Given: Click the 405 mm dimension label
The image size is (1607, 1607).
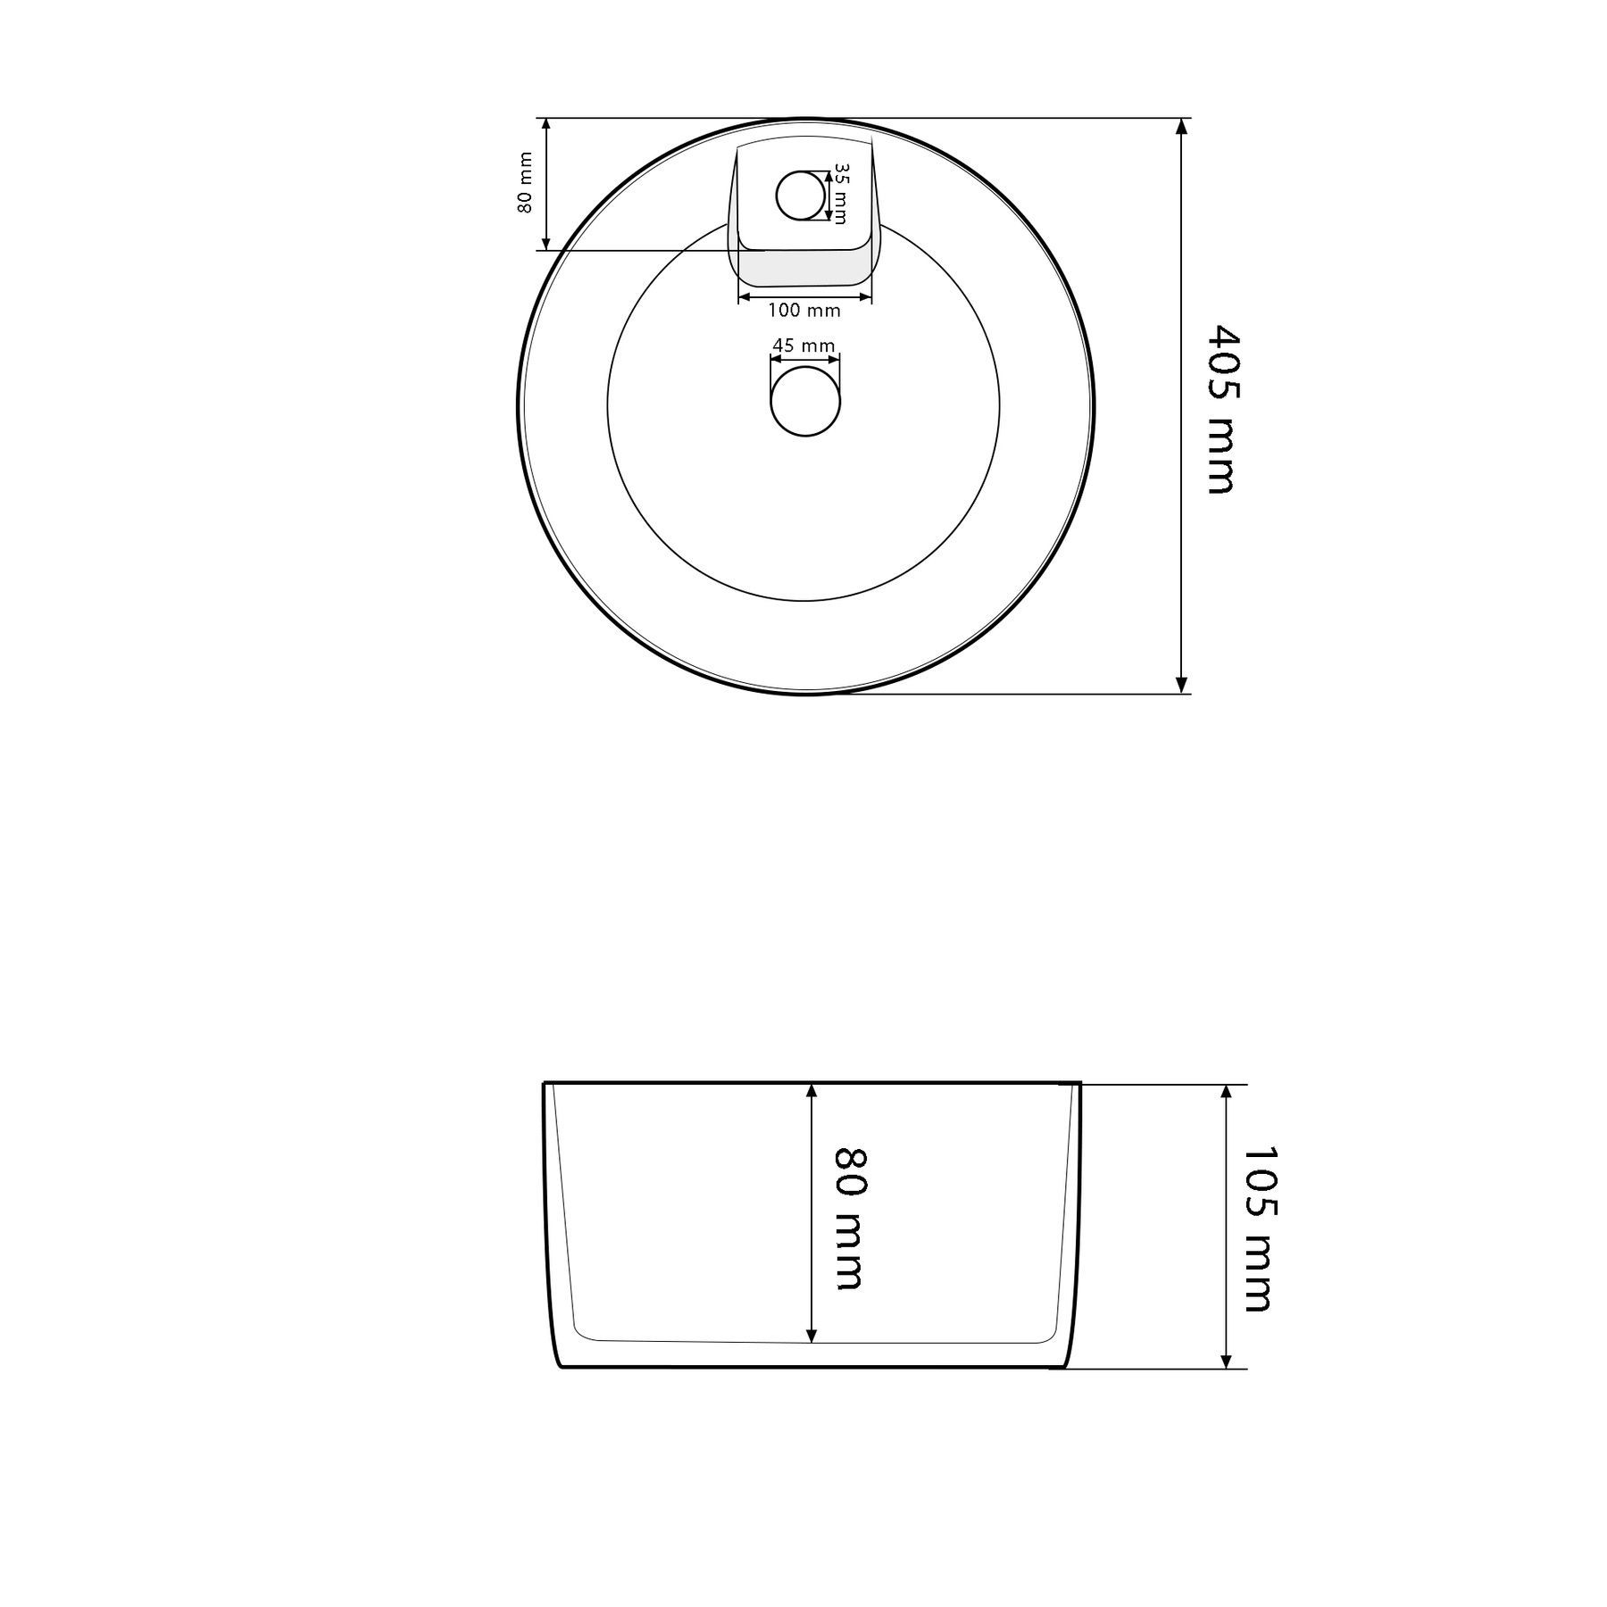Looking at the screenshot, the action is [x=1220, y=410].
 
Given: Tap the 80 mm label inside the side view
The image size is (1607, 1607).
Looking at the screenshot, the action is [x=851, y=1219].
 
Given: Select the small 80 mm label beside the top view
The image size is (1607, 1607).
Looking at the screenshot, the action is [x=525, y=183].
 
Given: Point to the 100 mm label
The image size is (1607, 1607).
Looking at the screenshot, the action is [x=804, y=311].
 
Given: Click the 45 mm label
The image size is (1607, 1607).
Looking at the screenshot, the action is [x=803, y=346].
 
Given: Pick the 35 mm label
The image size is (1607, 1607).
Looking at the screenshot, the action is [x=840, y=193].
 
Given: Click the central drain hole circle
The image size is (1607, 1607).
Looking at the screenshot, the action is [x=805, y=401].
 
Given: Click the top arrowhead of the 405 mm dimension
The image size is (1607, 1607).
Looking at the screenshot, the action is [x=1182, y=126].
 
